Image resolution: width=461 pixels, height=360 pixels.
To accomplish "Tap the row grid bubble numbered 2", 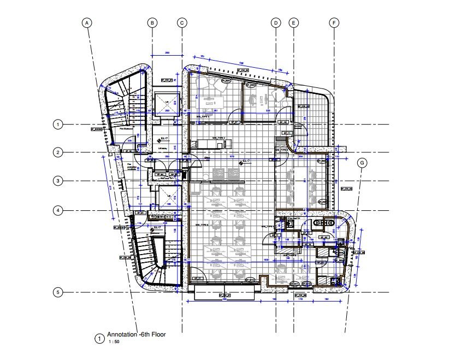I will pos(58,152).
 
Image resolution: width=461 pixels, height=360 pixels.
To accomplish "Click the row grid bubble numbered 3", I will pos(58,181).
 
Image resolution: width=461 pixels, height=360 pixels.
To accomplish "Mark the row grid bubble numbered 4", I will pos(58,210).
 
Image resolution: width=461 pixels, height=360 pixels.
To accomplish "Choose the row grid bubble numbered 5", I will pos(58,292).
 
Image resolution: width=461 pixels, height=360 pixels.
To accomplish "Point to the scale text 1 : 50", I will pos(114,342).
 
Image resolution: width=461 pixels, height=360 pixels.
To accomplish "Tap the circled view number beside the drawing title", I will pos(99,339).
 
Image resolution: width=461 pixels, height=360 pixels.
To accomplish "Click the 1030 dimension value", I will pos(266,259).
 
